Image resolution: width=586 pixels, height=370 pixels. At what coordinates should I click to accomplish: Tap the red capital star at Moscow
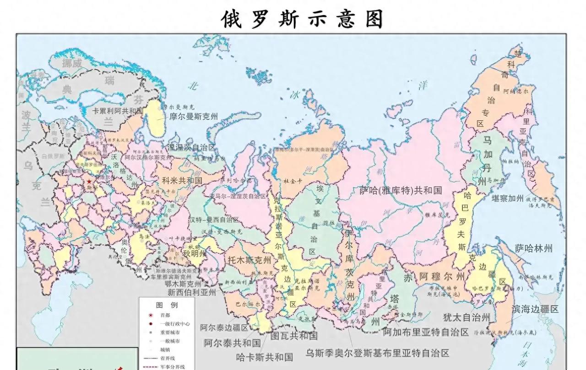[x=89, y=182]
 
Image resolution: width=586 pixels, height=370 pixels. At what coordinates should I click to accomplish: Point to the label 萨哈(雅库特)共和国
[x=401, y=190]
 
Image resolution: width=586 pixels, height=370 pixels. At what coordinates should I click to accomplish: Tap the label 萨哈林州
[x=533, y=248]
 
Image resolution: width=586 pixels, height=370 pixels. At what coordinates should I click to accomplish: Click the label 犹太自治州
[x=467, y=317]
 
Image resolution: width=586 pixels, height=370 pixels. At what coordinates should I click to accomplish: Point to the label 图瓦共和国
[x=294, y=336]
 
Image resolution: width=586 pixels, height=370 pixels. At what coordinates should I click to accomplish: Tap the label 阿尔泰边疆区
[x=224, y=328]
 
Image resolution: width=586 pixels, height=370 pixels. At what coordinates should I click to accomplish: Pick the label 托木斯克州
[x=250, y=260]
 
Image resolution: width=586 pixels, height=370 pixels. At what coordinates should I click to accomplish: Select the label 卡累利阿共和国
[x=118, y=111]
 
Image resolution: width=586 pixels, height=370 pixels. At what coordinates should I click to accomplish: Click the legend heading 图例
[x=167, y=305]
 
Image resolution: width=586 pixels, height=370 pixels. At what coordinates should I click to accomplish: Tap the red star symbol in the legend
[x=150, y=315]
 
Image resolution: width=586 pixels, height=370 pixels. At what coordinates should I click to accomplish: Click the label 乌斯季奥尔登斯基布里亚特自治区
[x=378, y=353]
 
